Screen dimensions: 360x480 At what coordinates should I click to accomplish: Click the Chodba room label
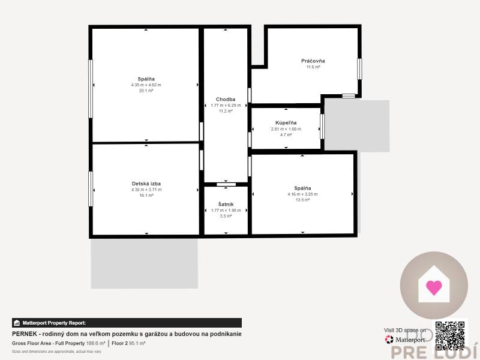(x=226, y=99)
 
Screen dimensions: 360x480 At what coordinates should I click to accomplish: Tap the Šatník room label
(x=226, y=204)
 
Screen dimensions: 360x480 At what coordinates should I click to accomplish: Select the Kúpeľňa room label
(x=286, y=122)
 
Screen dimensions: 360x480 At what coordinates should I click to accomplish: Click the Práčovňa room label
(x=313, y=61)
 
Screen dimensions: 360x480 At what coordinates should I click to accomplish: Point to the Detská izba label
(x=146, y=184)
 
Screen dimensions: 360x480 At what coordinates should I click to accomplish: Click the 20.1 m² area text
(x=146, y=91)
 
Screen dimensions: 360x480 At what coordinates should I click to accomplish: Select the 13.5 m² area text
(x=302, y=200)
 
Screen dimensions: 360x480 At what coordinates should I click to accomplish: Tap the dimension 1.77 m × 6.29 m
(x=226, y=106)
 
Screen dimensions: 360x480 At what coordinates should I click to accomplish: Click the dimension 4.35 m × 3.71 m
(x=146, y=190)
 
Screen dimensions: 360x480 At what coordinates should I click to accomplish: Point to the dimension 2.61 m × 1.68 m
(x=286, y=129)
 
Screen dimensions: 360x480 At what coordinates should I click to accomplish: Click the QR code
(x=450, y=335)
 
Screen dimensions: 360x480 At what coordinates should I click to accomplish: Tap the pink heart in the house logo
(x=434, y=287)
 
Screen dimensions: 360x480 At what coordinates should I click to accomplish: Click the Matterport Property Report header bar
(x=127, y=323)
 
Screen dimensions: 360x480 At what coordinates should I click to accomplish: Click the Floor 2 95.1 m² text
(x=128, y=343)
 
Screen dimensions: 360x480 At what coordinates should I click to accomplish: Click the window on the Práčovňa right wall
(x=359, y=68)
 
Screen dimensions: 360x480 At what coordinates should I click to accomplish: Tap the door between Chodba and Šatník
(x=226, y=184)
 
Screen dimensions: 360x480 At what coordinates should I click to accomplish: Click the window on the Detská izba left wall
(x=91, y=188)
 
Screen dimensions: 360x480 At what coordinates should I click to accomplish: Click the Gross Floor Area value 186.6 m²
(x=95, y=343)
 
